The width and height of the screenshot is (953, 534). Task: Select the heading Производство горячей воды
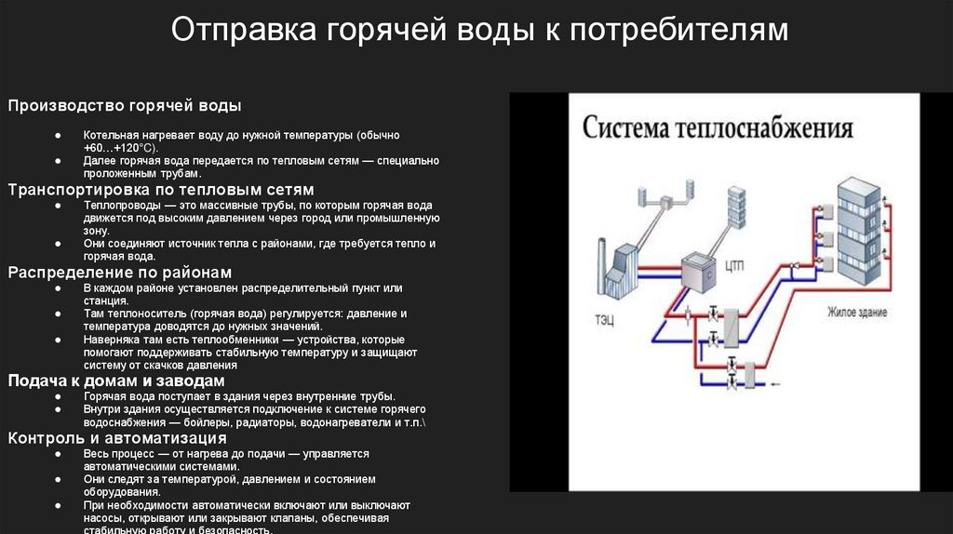(126, 105)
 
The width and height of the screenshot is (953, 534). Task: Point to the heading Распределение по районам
(120, 273)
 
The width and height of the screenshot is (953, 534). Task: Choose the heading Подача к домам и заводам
(116, 381)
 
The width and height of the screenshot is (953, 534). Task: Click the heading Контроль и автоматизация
(117, 438)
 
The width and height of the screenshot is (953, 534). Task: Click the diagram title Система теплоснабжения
(718, 127)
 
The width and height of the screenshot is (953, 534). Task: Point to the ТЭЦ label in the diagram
(605, 319)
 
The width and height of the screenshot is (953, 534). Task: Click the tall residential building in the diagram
(857, 233)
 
